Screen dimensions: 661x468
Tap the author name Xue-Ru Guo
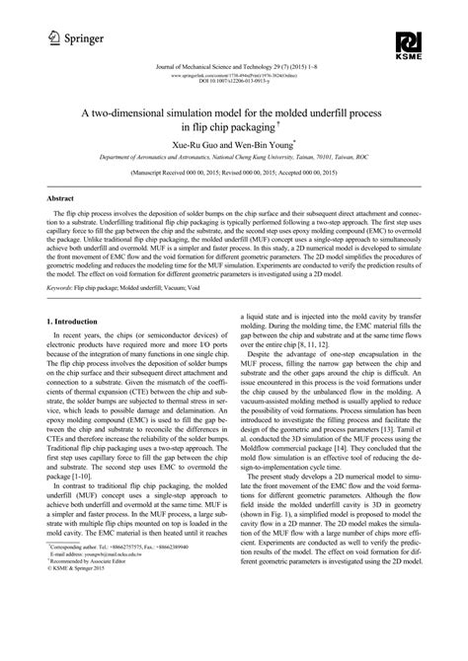tap(203, 144)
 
